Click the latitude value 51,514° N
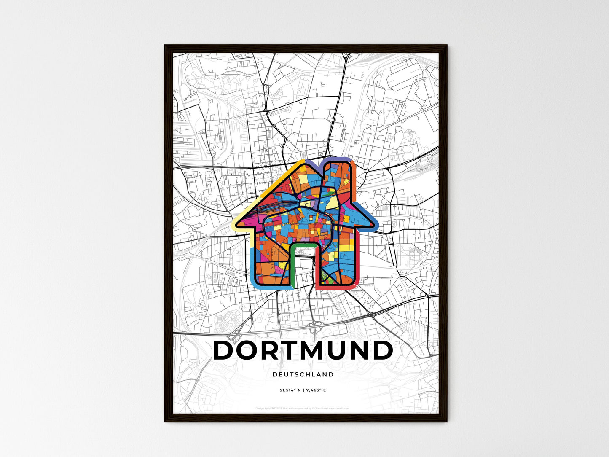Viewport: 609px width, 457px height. point(290,390)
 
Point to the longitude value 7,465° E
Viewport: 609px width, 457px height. point(317,390)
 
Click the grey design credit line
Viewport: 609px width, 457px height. point(303,408)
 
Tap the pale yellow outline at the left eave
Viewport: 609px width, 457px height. point(236,223)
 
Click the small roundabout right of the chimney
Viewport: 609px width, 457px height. point(367,171)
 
